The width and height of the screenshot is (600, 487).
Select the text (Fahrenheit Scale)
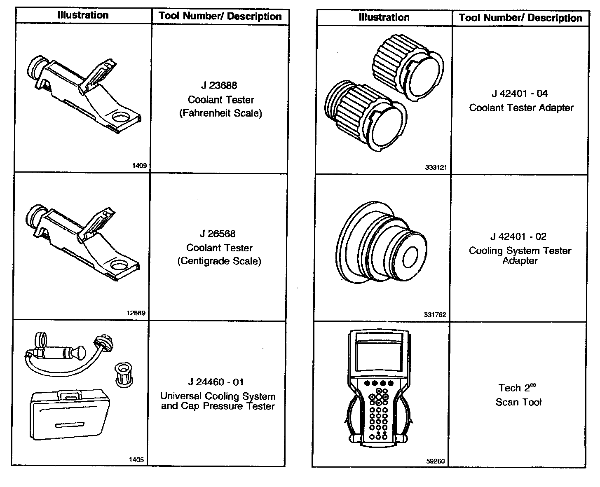tap(220, 113)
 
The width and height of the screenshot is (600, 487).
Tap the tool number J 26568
tap(218, 234)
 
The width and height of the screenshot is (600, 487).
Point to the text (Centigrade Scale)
tap(219, 261)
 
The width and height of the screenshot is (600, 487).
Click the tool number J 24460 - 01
tap(216, 382)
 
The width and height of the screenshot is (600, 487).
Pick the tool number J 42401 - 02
tap(518, 236)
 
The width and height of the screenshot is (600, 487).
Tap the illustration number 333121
tap(436, 168)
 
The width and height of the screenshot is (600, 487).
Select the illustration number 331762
tap(435, 314)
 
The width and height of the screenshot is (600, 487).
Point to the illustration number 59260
tap(435, 461)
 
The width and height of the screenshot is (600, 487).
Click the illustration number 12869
tap(136, 313)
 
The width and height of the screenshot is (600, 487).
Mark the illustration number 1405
tap(136, 459)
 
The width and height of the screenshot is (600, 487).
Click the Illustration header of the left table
tap(83, 16)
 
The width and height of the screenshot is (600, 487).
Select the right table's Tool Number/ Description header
tap(520, 18)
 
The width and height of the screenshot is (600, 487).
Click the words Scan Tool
tap(518, 402)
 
